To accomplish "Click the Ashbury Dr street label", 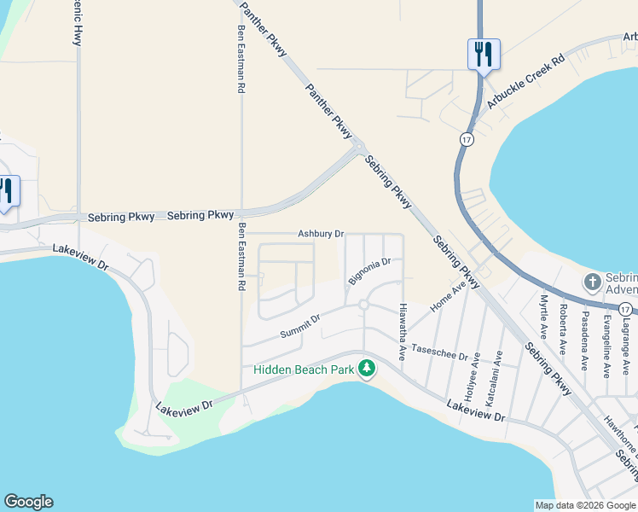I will (321, 234).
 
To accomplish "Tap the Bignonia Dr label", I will (369, 272).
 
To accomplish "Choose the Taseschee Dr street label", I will (440, 352).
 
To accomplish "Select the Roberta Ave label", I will (564, 325).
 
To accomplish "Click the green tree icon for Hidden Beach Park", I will (367, 369).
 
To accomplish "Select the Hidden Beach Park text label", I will (304, 369).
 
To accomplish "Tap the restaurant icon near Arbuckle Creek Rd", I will (483, 55).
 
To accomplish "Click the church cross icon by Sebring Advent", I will (592, 281).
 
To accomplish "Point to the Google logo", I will (28, 502).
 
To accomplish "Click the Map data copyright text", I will (584, 505).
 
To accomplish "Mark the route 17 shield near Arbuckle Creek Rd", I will (466, 138).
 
